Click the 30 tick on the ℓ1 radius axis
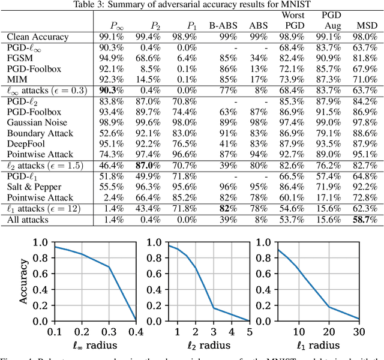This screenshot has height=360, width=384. [x=358, y=331]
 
